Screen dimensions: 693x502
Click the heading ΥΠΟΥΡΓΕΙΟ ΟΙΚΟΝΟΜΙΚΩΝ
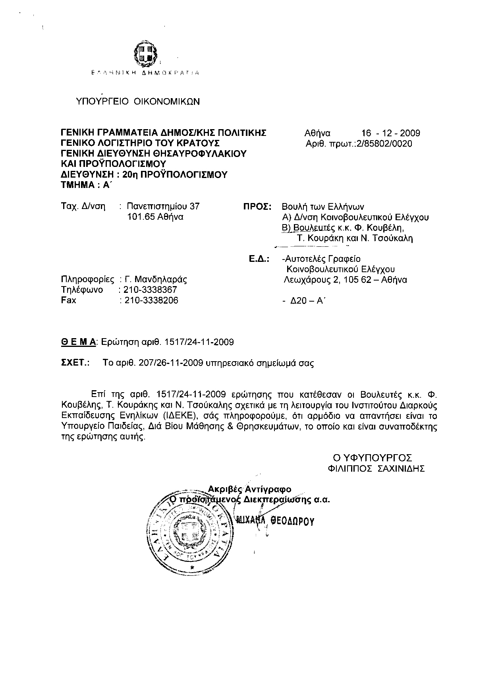pyautogui.click(x=138, y=101)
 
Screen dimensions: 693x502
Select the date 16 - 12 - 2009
pyautogui.click(x=390, y=133)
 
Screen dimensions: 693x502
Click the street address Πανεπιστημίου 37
pyautogui.click(x=163, y=206)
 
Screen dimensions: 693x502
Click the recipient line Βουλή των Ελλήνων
pyautogui.click(x=322, y=207)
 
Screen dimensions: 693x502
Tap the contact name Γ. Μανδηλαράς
pyautogui.click(x=156, y=279)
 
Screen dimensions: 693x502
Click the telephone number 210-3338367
pyautogui.click(x=150, y=290)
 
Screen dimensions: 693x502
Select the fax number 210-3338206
pyautogui.click(x=151, y=300)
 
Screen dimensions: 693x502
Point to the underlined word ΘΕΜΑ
pyautogui.click(x=78, y=342)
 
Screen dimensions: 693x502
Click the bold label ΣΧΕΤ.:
pyautogui.click(x=75, y=363)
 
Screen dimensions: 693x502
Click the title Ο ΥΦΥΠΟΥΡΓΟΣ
pyautogui.click(x=373, y=458)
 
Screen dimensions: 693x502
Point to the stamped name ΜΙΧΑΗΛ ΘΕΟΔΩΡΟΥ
pyautogui.click(x=275, y=521)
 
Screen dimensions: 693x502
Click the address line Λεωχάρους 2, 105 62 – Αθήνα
pyautogui.click(x=345, y=280)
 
